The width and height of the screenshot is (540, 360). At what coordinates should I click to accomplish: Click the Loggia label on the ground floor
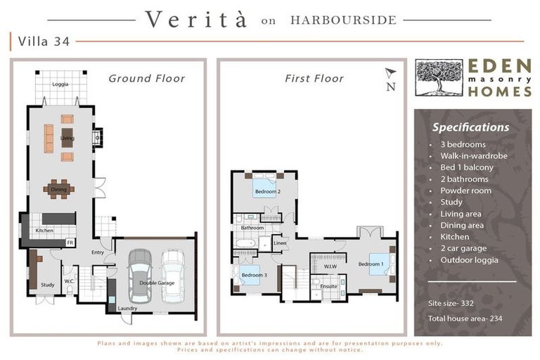(x=60, y=84)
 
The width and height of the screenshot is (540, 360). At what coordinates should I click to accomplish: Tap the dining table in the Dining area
(x=59, y=189)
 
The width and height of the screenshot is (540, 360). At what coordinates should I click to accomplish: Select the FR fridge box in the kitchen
(x=70, y=243)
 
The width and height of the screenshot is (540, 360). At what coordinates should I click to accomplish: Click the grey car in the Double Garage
(x=140, y=275)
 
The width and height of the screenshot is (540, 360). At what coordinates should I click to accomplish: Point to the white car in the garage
(x=172, y=276)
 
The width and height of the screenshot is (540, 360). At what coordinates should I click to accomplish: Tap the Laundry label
(x=127, y=308)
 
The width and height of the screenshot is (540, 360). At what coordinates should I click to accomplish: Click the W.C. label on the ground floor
(x=69, y=281)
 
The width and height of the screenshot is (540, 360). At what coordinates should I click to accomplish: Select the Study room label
(x=48, y=285)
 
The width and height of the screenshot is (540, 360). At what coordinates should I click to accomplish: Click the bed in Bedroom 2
(x=264, y=186)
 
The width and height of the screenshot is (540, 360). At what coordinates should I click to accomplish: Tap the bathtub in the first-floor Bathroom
(x=245, y=243)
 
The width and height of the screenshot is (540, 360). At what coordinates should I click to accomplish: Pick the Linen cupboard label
(x=280, y=243)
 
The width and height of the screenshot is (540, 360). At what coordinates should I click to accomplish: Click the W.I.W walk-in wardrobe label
(x=330, y=266)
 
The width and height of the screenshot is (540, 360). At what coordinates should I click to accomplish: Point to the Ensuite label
(x=328, y=286)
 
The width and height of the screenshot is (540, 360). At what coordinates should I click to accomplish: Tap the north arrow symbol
(x=391, y=72)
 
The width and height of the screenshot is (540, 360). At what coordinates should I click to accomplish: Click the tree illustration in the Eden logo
(x=439, y=77)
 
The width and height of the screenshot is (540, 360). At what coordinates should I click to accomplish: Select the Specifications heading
(x=471, y=127)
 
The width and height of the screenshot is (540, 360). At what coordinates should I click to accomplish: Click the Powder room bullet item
(x=466, y=191)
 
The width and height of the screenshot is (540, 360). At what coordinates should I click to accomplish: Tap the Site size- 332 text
(x=451, y=304)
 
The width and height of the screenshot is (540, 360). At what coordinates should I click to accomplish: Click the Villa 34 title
(x=44, y=41)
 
